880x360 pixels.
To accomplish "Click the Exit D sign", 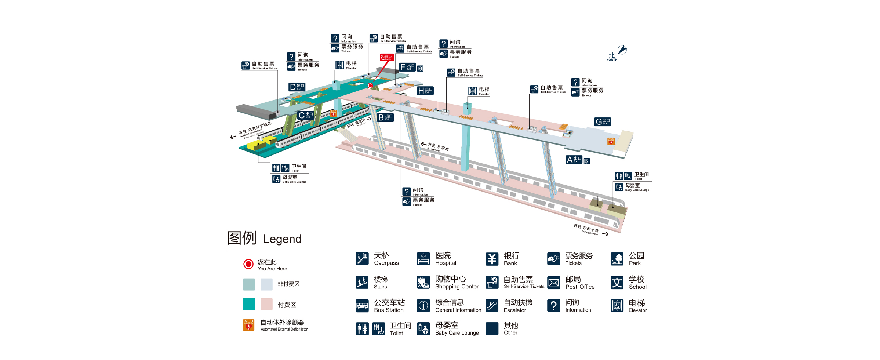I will (x=297, y=87).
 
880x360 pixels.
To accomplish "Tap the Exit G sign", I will (x=602, y=122).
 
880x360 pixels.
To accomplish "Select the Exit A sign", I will (x=574, y=160).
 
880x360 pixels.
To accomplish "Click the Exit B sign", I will (x=385, y=117).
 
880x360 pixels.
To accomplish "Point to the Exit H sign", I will (x=425, y=91).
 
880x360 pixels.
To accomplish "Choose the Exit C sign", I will (x=305, y=115).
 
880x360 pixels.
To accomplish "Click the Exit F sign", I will (x=407, y=67).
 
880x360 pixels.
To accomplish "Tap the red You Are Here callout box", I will (x=386, y=57).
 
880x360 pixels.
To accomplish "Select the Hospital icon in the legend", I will (x=423, y=259).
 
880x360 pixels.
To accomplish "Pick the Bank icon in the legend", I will (x=492, y=259).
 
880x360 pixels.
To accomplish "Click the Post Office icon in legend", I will (x=553, y=282).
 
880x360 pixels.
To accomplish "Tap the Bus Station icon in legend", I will (x=362, y=305).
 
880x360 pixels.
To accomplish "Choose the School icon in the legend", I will (x=617, y=282).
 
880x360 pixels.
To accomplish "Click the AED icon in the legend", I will (x=248, y=325).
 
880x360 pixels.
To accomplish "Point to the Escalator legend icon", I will (x=492, y=305).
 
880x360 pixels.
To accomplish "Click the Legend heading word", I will (x=282, y=239).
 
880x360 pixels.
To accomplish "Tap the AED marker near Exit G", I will (x=611, y=141).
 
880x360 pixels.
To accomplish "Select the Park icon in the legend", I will (x=617, y=259).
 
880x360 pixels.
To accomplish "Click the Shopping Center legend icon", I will (x=423, y=282).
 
